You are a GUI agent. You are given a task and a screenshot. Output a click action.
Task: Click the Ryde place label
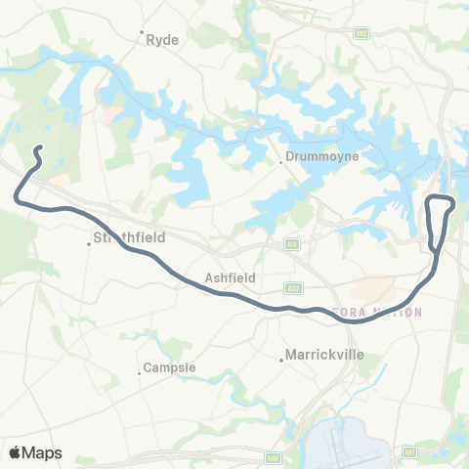point(161,40)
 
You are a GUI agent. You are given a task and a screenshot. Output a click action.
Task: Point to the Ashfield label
point(231,277)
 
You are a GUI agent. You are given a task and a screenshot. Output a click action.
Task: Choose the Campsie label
point(172,368)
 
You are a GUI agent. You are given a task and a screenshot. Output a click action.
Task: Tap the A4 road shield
point(291,241)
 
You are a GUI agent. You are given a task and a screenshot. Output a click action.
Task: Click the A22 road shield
point(292,287)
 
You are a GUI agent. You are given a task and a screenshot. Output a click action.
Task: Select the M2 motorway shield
point(361,33)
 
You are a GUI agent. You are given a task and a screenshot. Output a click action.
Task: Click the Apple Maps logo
point(35,451)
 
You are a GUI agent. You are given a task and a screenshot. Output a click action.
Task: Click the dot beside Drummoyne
point(281,162)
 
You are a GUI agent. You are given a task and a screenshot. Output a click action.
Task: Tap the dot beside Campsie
point(140,371)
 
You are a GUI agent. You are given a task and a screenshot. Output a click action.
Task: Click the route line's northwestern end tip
point(39,149)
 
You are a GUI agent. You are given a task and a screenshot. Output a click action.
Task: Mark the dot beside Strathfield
point(89,243)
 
